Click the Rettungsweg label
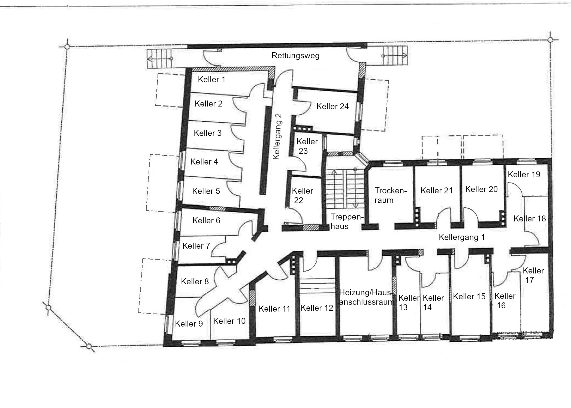295,56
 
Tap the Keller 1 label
212,80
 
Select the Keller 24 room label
333,106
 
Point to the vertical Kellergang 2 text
277,136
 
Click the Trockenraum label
391,195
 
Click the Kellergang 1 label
462,237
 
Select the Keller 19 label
524,175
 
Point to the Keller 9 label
189,324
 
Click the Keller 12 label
317,308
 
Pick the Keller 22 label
302,196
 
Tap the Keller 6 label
206,221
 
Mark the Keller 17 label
533,275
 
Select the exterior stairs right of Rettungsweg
394,56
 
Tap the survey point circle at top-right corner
550,40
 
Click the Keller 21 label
436,191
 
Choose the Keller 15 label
469,297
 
